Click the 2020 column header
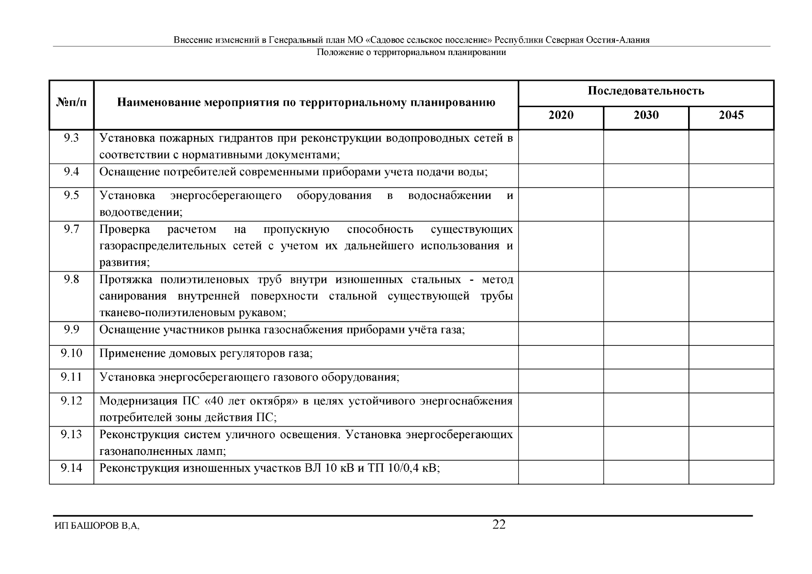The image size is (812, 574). (x=561, y=115)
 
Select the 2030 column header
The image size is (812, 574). (x=646, y=115)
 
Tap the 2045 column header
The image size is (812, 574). (x=731, y=115)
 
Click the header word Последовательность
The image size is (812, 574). (x=646, y=91)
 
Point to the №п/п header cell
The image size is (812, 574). (x=71, y=103)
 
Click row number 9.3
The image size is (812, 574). (x=71, y=139)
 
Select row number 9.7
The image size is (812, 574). (x=71, y=230)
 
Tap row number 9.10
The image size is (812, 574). (x=71, y=353)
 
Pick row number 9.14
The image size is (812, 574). (x=71, y=468)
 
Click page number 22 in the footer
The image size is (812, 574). (x=499, y=525)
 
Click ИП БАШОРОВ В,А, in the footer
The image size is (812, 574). (x=97, y=526)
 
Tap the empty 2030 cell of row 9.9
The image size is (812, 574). (x=646, y=333)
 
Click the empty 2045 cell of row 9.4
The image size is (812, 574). (x=731, y=176)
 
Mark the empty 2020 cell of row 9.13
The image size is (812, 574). (x=561, y=443)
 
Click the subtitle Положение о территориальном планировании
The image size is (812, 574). (x=411, y=53)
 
